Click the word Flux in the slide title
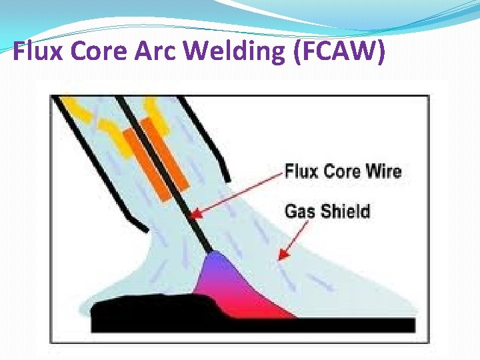pyautogui.click(x=37, y=51)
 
